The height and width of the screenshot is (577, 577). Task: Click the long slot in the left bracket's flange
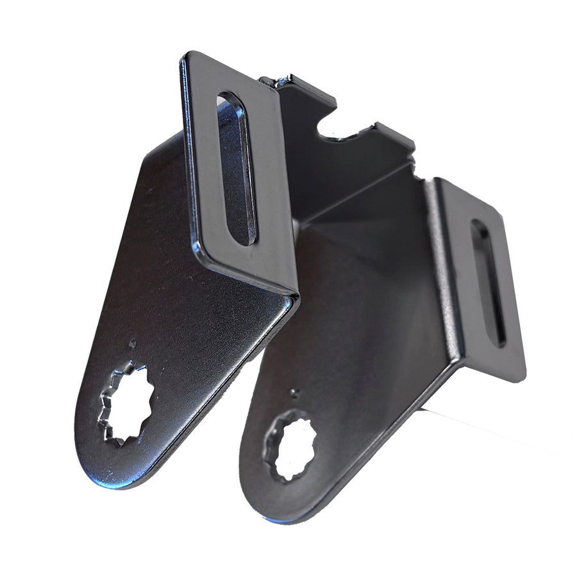[x=237, y=169]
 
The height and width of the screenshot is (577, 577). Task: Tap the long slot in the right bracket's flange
[x=488, y=281]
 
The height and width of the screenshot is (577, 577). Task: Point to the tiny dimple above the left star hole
[x=133, y=343]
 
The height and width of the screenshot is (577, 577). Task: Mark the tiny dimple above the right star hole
[x=293, y=391]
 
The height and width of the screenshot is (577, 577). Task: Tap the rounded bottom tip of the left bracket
[x=109, y=478]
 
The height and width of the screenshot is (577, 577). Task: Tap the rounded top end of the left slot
[x=227, y=99]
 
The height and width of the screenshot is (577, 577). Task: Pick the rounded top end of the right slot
[x=478, y=226]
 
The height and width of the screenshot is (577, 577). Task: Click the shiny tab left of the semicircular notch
[x=282, y=82]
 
